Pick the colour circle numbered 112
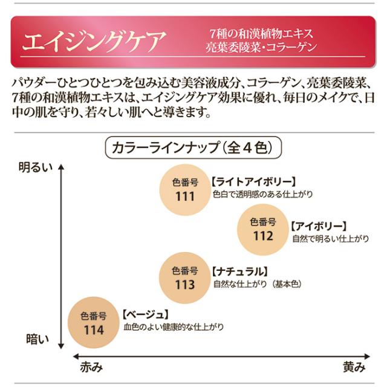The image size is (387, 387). (x=262, y=229)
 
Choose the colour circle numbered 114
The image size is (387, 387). (x=95, y=324)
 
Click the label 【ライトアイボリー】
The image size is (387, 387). (x=254, y=181)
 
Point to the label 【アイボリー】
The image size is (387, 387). (x=318, y=226)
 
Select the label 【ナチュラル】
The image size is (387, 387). (x=239, y=271)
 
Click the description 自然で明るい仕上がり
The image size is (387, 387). (x=330, y=239)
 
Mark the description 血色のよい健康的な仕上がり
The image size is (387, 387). (x=173, y=327)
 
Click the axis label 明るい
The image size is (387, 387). (x=36, y=164)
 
